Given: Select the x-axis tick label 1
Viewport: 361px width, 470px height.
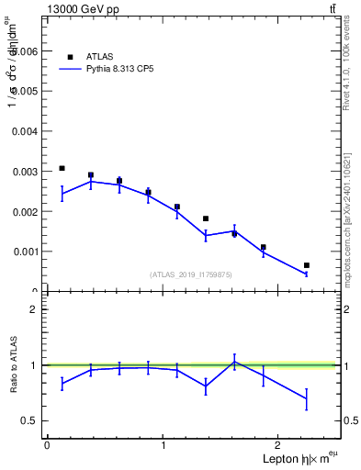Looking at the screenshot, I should click(x=164, y=445).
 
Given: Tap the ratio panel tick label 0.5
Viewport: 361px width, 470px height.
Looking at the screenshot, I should click(x=31, y=420).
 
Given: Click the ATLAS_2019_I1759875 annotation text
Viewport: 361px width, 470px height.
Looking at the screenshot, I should click(x=191, y=274).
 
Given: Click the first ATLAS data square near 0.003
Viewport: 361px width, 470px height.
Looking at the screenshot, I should click(x=62, y=168).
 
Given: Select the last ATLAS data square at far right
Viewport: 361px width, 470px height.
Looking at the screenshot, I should click(x=307, y=265).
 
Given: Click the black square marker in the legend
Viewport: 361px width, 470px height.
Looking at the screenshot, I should click(x=70, y=57).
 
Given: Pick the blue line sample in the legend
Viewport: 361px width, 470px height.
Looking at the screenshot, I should click(x=70, y=69).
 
